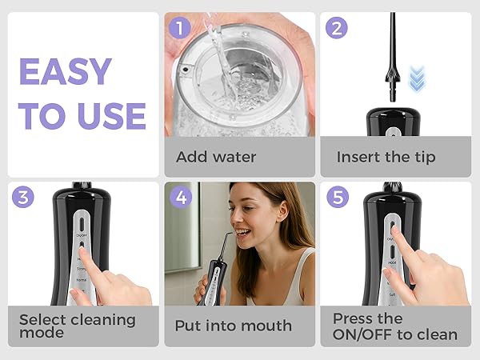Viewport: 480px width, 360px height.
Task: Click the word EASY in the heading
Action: [x=65, y=71]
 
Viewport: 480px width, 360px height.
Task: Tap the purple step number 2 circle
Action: [x=337, y=29]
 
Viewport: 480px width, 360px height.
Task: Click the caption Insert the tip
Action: [x=386, y=157]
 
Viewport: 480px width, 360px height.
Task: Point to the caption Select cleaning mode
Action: [x=77, y=326]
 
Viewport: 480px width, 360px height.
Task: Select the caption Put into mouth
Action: [x=233, y=326]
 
